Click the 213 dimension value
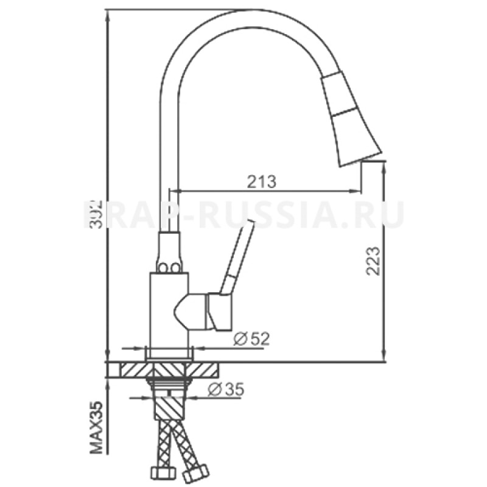click(x=262, y=181)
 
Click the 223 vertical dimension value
click(x=373, y=261)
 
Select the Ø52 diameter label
click(x=251, y=339)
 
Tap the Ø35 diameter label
click(x=225, y=390)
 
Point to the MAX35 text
click(x=96, y=429)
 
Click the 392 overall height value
click(x=93, y=213)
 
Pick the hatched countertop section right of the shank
click(x=207, y=369)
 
